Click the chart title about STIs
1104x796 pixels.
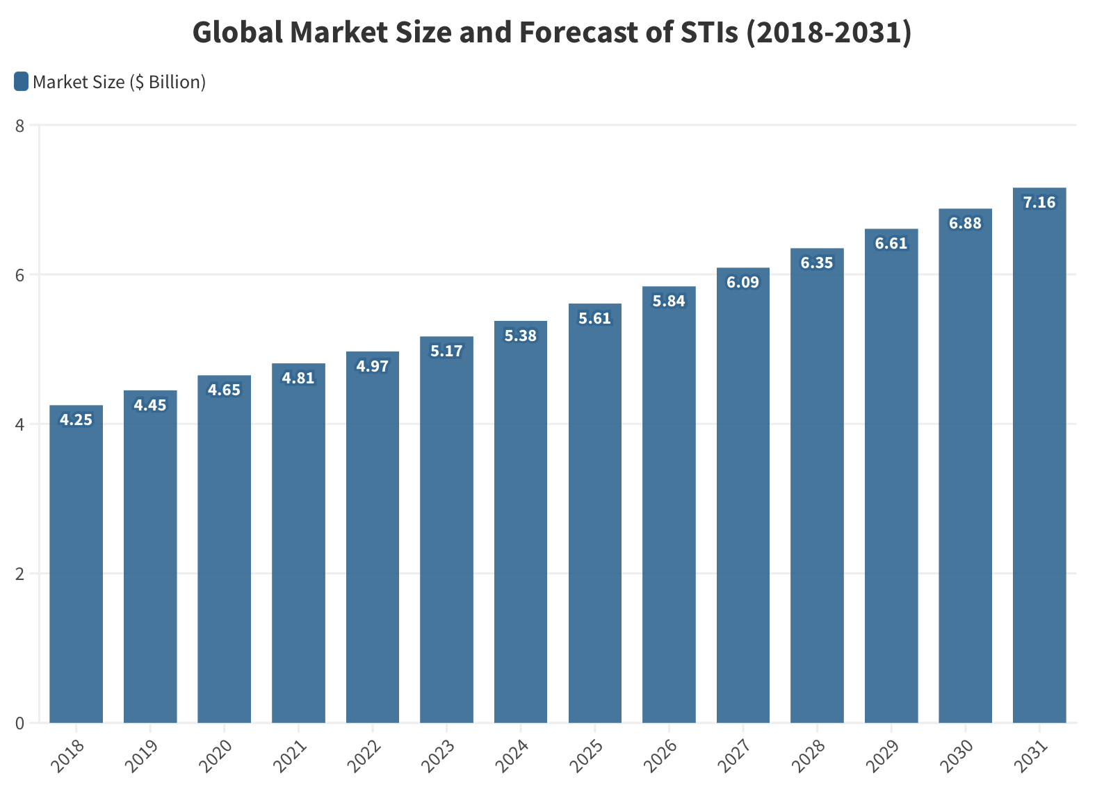[x=552, y=33]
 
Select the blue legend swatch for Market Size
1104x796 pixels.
[x=21, y=82]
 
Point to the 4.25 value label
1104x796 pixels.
[x=76, y=420]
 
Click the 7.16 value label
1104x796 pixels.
[x=1039, y=202]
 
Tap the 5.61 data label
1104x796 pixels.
[x=594, y=318]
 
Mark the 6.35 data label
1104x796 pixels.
[x=817, y=263]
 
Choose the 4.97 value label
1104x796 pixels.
[x=373, y=366]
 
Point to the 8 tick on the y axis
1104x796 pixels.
[x=19, y=126]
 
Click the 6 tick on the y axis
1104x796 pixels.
[x=19, y=275]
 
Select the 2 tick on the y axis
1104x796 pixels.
[x=19, y=574]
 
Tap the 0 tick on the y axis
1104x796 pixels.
[x=19, y=723]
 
